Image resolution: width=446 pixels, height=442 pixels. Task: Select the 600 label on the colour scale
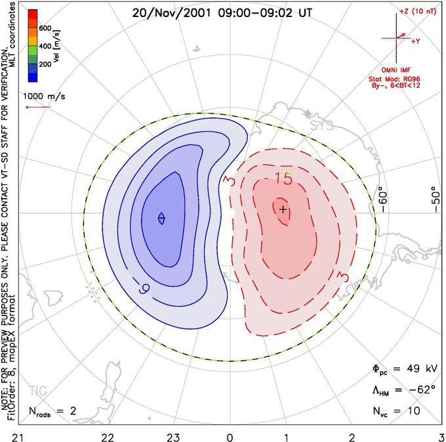coord(45,29)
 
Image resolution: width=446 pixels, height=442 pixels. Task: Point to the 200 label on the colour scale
coord(45,66)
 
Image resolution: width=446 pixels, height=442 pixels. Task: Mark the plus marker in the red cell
coord(283,209)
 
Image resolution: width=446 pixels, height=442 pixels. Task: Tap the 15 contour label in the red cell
coord(283,178)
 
